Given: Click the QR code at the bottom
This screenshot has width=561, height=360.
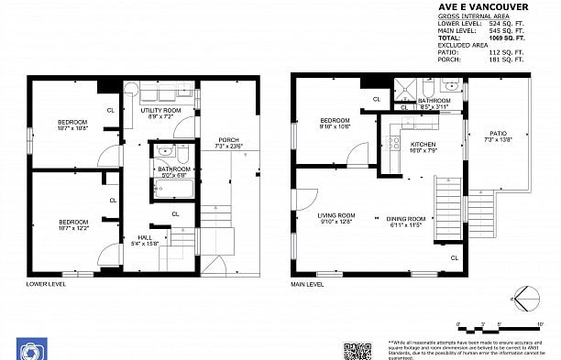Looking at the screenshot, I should pyautogui.click(x=357, y=349).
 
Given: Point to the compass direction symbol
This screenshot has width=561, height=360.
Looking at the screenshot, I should pyautogui.click(x=525, y=298).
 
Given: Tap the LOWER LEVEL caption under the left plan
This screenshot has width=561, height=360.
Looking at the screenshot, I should pyautogui.click(x=46, y=285).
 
